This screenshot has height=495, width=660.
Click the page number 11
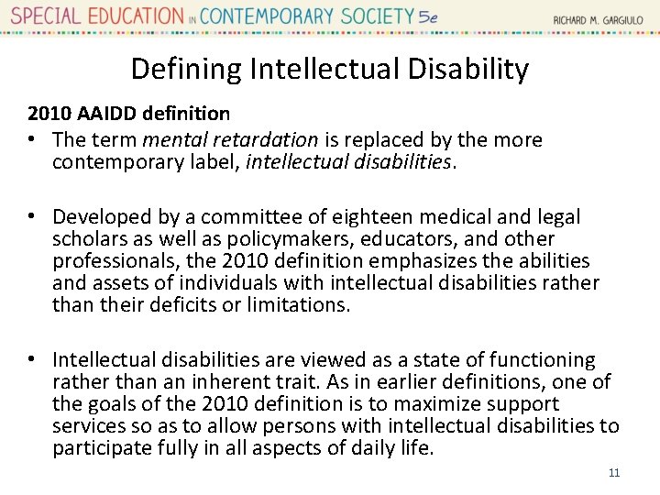tap(614, 473)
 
